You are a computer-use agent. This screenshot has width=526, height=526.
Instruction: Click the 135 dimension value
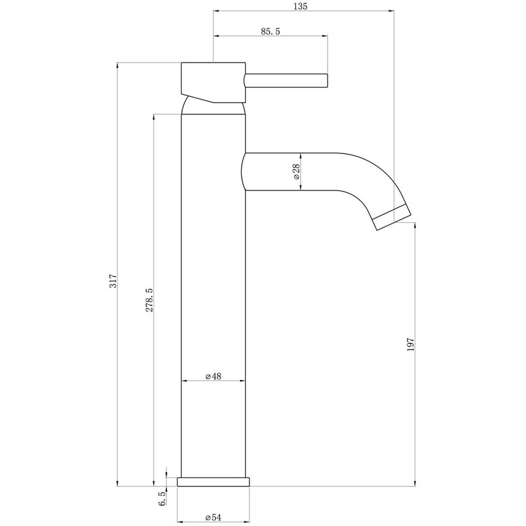point(300,6)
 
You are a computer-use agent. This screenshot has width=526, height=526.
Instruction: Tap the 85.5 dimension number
point(270,31)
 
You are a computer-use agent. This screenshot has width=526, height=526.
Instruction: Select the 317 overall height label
point(113,281)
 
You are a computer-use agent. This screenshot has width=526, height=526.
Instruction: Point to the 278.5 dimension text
point(149,300)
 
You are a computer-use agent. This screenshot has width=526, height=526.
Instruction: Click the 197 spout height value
point(411,345)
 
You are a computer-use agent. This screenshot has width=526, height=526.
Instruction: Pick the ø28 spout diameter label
point(296,172)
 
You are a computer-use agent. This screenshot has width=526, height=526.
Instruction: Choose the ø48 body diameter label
point(214,376)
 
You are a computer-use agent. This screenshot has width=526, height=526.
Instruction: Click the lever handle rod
point(285,81)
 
